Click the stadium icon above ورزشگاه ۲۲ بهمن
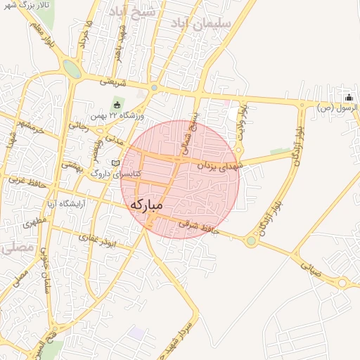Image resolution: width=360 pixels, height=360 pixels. [x=117, y=105]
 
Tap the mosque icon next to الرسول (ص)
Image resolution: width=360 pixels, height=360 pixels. [x=348, y=97]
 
